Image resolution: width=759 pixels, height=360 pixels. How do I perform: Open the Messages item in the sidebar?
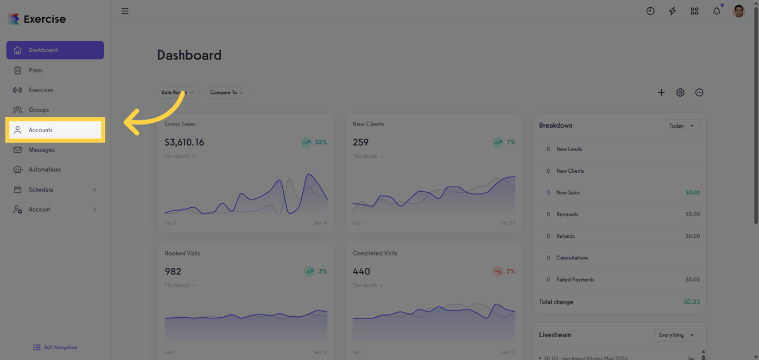[42, 150]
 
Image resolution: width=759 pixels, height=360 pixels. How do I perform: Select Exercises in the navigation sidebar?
[41, 90]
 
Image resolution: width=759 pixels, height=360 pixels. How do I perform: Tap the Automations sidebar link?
[44, 169]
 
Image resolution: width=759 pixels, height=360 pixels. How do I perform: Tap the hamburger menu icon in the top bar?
[125, 11]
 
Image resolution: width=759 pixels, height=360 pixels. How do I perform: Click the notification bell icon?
[717, 11]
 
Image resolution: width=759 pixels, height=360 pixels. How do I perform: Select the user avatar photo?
[739, 11]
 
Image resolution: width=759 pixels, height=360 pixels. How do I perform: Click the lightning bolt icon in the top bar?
[672, 11]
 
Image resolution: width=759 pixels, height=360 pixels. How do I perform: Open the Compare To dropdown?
[227, 93]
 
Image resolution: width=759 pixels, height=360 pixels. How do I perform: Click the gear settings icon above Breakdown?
[680, 93]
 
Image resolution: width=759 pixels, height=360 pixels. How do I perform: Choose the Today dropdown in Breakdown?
[682, 126]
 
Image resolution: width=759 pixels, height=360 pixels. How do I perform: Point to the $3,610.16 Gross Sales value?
[184, 142]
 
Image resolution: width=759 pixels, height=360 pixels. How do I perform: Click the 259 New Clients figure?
[361, 142]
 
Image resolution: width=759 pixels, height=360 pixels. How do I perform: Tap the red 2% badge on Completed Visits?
[504, 272]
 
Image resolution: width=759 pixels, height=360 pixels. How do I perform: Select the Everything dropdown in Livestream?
[676, 335]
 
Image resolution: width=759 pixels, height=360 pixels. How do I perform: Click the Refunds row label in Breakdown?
[565, 236]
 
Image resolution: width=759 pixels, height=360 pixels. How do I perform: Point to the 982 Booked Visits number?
[173, 272]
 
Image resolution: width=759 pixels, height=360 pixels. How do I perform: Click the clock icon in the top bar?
[650, 11]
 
